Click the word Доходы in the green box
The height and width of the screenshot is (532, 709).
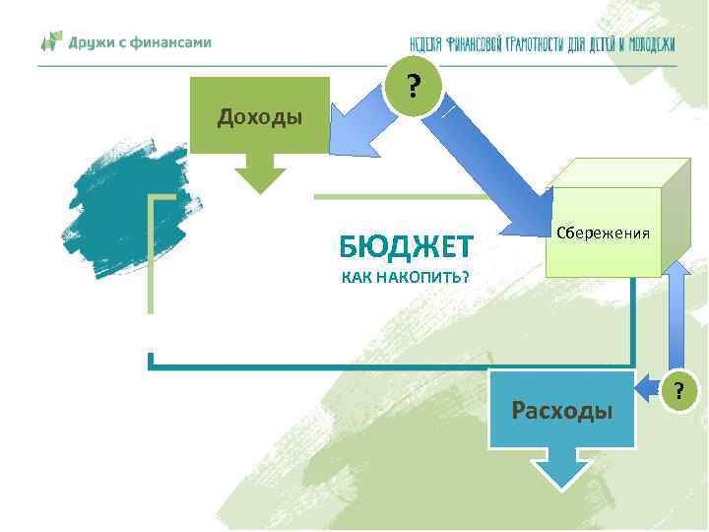(259, 118)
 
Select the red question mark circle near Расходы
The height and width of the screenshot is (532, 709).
(677, 390)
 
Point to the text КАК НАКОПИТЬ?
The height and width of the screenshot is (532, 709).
(406, 277)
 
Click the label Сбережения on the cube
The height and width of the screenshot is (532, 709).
(603, 233)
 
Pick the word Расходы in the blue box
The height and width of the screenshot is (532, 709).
(561, 410)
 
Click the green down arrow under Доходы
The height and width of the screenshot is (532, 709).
(259, 175)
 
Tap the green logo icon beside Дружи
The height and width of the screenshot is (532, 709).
(50, 42)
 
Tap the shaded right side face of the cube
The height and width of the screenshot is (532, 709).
(675, 222)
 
